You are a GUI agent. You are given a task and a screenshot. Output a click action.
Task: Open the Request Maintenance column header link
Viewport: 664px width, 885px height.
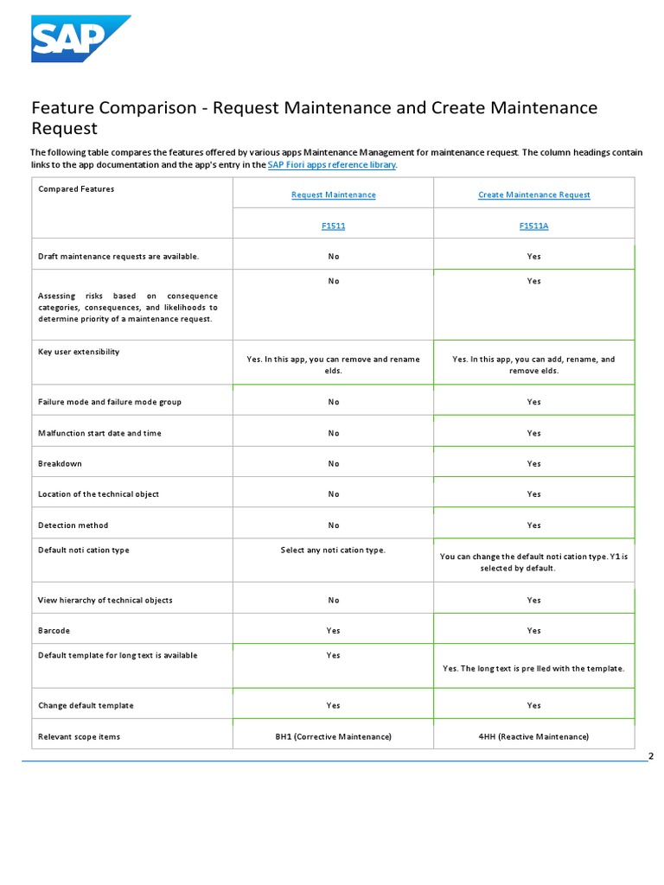pyautogui.click(x=333, y=194)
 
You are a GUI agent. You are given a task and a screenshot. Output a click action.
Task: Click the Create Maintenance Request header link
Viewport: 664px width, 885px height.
pyautogui.click(x=533, y=194)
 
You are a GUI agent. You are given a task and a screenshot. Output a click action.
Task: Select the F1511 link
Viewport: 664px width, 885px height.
pyautogui.click(x=333, y=225)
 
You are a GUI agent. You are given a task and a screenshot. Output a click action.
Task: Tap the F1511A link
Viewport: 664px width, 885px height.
pyautogui.click(x=533, y=225)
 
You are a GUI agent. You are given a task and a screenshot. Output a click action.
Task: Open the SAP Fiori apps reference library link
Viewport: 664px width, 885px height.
pyautogui.click(x=331, y=164)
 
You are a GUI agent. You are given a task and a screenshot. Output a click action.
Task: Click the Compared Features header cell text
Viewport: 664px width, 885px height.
pyautogui.click(x=76, y=188)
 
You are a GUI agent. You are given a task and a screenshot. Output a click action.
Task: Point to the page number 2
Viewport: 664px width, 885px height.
pyautogui.click(x=650, y=757)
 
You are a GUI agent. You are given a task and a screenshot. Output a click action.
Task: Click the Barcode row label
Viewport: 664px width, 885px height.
pyautogui.click(x=54, y=631)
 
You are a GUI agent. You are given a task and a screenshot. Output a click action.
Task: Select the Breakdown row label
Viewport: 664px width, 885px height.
pyautogui.click(x=60, y=463)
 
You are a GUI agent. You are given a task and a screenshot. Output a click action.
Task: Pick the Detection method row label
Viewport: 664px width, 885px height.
pyautogui.click(x=73, y=525)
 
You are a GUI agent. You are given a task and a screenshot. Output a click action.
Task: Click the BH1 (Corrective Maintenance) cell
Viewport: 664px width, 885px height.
pyautogui.click(x=333, y=736)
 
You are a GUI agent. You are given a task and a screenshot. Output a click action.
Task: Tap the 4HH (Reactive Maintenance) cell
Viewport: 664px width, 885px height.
pyautogui.click(x=533, y=736)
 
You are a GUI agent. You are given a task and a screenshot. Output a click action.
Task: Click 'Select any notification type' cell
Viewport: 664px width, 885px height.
pyautogui.click(x=333, y=551)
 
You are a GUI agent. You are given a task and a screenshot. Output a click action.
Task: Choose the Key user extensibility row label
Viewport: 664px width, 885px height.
pyautogui.click(x=79, y=352)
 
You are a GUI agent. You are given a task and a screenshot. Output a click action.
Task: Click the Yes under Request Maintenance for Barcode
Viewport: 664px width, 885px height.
pyautogui.click(x=333, y=631)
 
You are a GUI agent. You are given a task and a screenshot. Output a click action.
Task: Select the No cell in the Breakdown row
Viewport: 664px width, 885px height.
pyautogui.click(x=333, y=463)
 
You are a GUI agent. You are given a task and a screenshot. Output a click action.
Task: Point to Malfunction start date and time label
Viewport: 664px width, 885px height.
pyautogui.click(x=99, y=433)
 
